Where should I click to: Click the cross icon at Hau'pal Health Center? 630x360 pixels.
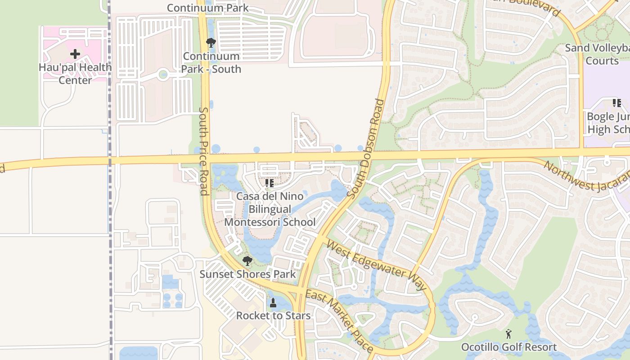point(75,54)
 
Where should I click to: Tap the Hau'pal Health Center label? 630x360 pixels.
point(75,74)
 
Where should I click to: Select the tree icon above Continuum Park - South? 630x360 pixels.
point(211,43)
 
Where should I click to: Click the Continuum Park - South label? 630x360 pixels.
point(211,63)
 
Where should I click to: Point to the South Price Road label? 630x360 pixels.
point(204,151)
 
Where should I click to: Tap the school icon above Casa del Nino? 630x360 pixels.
point(270,183)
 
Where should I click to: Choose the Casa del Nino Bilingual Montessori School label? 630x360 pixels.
point(270,209)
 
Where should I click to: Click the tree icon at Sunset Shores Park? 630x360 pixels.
point(247,261)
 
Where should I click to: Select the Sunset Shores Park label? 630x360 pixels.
point(247,274)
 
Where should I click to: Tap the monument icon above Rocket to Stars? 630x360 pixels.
point(273,303)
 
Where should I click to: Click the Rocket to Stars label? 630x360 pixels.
point(273,315)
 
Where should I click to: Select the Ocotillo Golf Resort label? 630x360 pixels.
point(509,347)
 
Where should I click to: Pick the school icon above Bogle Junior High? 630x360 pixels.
point(616,103)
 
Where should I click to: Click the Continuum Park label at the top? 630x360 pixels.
point(207,8)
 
